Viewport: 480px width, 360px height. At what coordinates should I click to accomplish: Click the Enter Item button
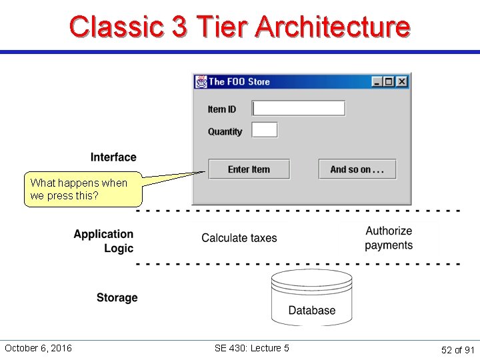pyautogui.click(x=249, y=169)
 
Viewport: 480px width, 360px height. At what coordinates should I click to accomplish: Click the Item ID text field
pyautogui.click(x=299, y=108)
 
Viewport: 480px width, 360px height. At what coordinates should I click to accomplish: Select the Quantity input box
pyautogui.click(x=265, y=130)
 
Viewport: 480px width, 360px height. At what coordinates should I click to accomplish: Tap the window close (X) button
pyautogui.click(x=402, y=82)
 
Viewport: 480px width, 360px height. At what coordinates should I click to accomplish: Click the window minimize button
pyautogui.click(x=377, y=82)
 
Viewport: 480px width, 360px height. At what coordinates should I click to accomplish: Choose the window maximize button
pyautogui.click(x=389, y=82)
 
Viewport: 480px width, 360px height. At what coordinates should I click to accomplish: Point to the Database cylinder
pyautogui.click(x=311, y=297)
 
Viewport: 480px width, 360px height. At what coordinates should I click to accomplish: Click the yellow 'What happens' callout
pyautogui.click(x=83, y=189)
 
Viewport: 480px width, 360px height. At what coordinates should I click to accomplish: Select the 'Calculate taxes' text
pyautogui.click(x=239, y=238)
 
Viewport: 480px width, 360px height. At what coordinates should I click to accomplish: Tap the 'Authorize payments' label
pyautogui.click(x=389, y=238)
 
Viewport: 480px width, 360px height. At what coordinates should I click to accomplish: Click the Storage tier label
pyautogui.click(x=117, y=297)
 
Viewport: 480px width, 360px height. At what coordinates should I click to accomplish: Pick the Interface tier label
pyautogui.click(x=113, y=157)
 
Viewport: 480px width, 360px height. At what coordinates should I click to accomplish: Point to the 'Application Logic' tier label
pyautogui.click(x=103, y=241)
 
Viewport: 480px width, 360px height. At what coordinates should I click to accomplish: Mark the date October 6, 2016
pyautogui.click(x=38, y=348)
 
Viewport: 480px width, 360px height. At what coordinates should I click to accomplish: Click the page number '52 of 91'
pyautogui.click(x=457, y=350)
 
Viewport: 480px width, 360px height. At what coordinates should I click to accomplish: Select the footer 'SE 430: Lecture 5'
pyautogui.click(x=251, y=348)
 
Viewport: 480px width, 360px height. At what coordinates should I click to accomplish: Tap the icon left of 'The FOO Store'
pyautogui.click(x=201, y=82)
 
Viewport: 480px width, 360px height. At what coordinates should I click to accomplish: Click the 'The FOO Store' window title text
pyautogui.click(x=239, y=82)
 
